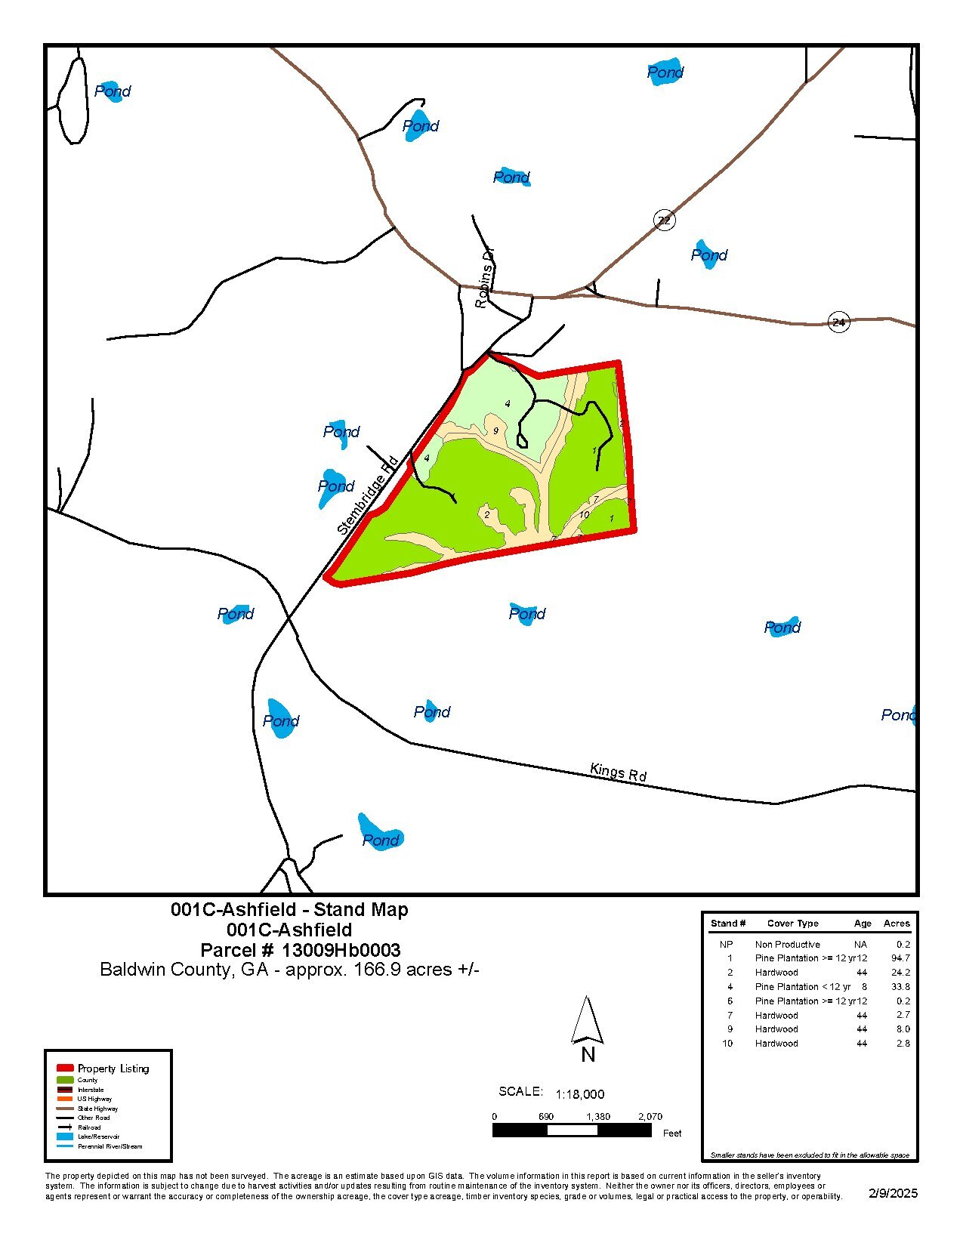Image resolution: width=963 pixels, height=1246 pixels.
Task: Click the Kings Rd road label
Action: [618, 773]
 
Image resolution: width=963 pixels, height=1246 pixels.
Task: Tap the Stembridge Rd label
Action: [368, 495]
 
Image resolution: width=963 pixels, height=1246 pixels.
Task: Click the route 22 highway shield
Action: [664, 221]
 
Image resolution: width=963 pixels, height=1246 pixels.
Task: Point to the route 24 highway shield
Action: [838, 322]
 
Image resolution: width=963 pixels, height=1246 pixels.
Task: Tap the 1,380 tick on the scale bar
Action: [597, 1116]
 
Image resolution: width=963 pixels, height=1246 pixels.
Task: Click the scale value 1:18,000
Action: [579, 1094]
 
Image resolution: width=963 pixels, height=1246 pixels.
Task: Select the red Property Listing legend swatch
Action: [65, 1068]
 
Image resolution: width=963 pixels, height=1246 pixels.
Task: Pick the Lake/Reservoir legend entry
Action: [98, 1137]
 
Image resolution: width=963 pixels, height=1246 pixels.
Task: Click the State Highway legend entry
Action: [97, 1109]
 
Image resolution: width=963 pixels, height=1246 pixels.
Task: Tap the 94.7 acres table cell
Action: [900, 958]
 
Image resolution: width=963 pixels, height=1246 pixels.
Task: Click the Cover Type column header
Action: [792, 924]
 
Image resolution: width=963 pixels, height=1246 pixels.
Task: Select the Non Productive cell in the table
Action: [787, 945]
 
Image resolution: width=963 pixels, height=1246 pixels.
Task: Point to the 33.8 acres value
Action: [900, 987]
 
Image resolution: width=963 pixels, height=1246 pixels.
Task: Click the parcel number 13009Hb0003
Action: [341, 950]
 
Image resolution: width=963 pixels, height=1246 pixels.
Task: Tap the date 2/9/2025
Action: [893, 1193]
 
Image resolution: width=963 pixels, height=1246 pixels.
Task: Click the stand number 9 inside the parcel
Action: [495, 430]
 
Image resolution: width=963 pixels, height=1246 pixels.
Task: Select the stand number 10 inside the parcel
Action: [584, 515]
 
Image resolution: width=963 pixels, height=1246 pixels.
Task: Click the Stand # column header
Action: [728, 924]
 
